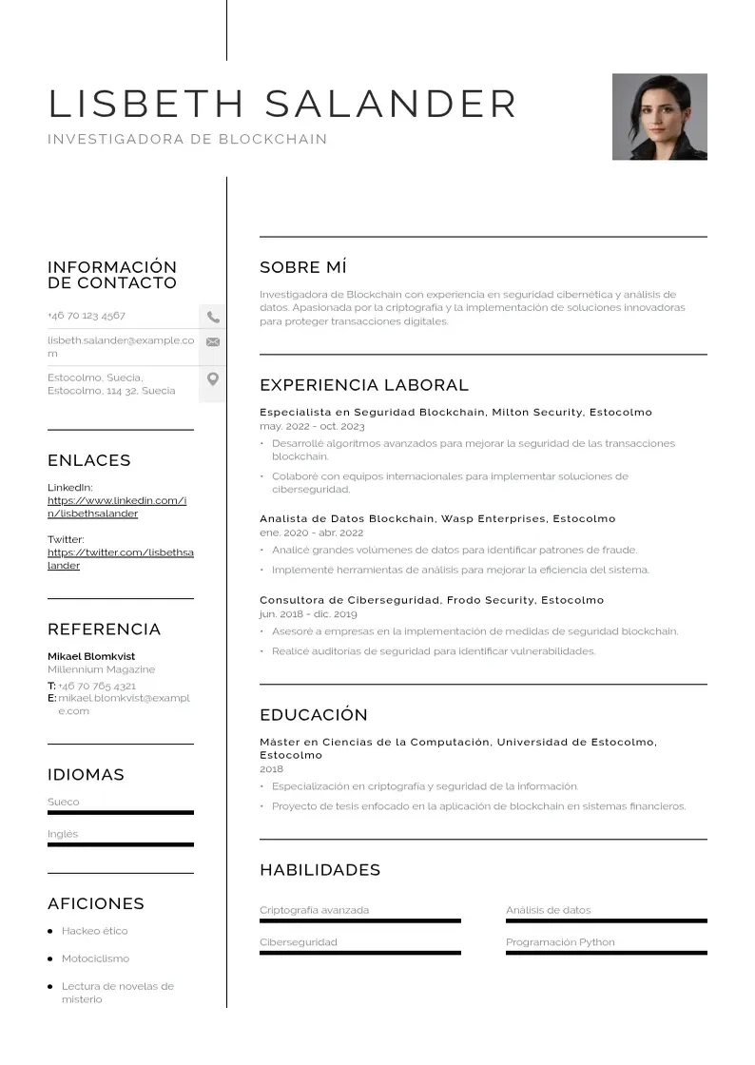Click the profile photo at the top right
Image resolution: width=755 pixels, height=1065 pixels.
(659, 117)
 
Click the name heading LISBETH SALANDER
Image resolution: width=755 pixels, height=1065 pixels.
(282, 104)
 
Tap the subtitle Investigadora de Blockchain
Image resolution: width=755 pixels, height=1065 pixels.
(187, 140)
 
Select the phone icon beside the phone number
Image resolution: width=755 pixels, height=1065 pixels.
(213, 317)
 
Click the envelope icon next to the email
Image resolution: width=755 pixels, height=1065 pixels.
(213, 342)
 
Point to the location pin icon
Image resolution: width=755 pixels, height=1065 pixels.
(213, 379)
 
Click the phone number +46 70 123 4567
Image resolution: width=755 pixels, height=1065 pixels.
(87, 316)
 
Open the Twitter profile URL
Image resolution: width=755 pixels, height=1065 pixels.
(120, 559)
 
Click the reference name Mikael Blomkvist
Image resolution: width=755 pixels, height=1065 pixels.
(91, 656)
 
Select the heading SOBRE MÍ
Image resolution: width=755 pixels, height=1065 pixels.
(303, 267)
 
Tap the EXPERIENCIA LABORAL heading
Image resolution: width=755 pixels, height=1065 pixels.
(364, 385)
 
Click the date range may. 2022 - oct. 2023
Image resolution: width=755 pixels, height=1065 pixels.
(312, 427)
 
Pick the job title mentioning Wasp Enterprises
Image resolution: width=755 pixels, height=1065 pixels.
(437, 519)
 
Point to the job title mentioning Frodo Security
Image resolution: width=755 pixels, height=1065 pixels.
(432, 601)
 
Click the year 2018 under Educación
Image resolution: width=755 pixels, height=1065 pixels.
(271, 769)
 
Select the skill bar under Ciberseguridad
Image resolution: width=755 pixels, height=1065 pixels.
(359, 953)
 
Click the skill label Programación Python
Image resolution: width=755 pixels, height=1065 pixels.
(560, 942)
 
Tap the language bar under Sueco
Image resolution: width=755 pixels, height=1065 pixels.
(121, 813)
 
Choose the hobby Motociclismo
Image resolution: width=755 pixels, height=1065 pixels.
(95, 958)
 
